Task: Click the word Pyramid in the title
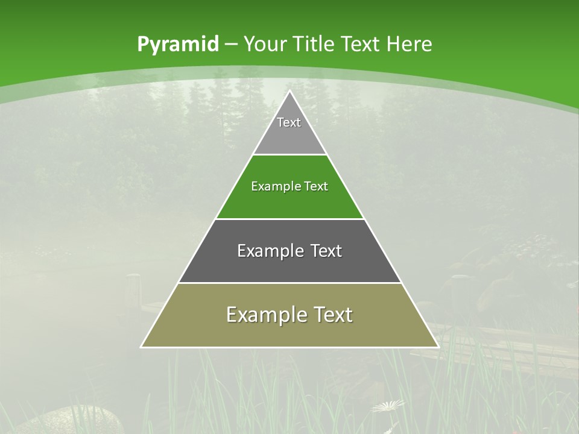pos(177,45)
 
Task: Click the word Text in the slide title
pos(362,45)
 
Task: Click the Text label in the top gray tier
pos(289,122)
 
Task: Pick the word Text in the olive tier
pos(333,315)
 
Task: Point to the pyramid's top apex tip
pos(289,91)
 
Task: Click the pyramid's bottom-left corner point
pos(141,347)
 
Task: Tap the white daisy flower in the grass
pos(388,406)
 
